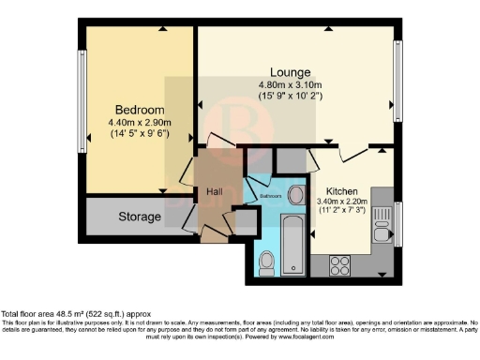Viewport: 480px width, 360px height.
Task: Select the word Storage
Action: point(140,217)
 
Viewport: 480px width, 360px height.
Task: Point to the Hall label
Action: point(214,193)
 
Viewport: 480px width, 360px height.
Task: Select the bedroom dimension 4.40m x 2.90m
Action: point(140,122)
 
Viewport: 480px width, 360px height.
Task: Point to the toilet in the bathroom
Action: point(265,267)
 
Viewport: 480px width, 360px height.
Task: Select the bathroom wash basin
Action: point(294,195)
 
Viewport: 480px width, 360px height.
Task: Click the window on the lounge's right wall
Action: point(398,82)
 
